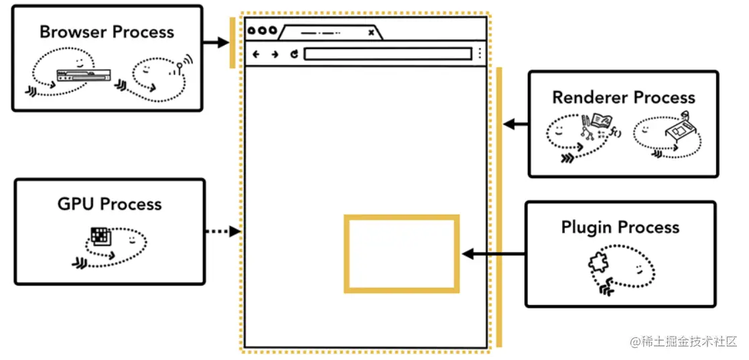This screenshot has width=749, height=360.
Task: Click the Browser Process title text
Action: click(107, 32)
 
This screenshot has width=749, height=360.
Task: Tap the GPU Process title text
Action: click(110, 204)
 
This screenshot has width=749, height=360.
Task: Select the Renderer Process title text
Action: click(623, 97)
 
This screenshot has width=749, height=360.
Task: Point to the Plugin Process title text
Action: click(620, 227)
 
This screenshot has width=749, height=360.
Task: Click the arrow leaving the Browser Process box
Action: click(216, 42)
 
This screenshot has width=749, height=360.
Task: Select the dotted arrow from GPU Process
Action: click(222, 231)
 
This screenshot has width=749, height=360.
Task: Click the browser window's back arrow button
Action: click(256, 54)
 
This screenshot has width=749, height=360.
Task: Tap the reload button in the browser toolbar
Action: click(293, 54)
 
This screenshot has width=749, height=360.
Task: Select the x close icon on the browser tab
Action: click(371, 32)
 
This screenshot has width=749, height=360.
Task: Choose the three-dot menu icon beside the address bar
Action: click(480, 54)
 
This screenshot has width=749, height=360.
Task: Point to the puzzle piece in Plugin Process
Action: click(598, 263)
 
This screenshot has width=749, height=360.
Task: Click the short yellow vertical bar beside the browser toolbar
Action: click(232, 43)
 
